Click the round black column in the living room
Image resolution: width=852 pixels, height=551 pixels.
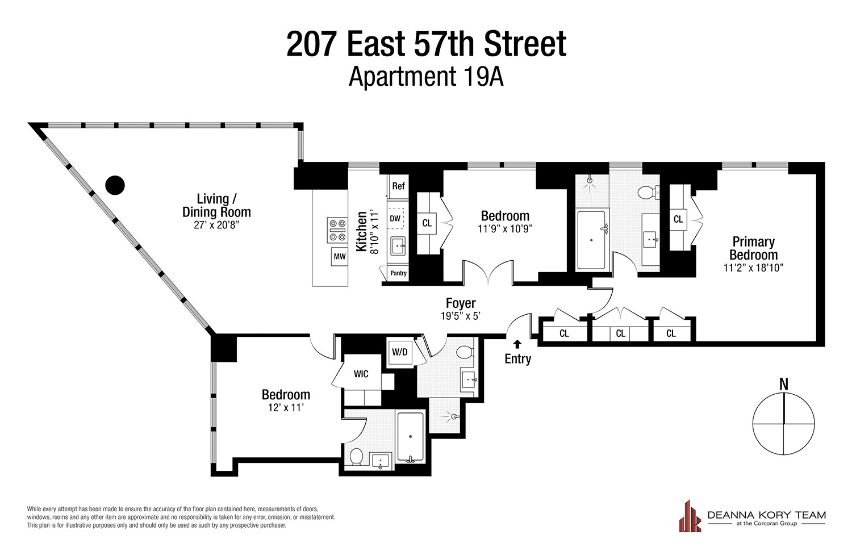(x=115, y=185)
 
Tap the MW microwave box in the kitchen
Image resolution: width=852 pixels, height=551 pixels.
(x=340, y=257)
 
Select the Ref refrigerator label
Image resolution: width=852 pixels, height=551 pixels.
(x=398, y=186)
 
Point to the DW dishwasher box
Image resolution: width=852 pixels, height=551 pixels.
(x=395, y=219)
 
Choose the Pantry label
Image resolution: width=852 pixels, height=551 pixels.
(x=398, y=273)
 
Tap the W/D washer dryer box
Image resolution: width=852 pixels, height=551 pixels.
(x=400, y=352)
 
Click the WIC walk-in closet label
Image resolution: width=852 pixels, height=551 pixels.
(x=361, y=374)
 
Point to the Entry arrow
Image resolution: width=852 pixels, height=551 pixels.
(x=517, y=344)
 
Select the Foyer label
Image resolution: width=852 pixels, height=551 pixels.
(x=461, y=303)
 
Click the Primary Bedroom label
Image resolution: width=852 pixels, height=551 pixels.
(x=754, y=248)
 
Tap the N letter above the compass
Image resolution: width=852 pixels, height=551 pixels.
(x=784, y=385)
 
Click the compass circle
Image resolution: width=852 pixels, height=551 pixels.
(x=783, y=424)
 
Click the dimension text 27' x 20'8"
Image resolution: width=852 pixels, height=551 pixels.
(x=216, y=225)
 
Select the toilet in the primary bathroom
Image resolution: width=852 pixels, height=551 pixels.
(x=648, y=193)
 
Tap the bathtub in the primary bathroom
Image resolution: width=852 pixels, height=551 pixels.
(x=591, y=240)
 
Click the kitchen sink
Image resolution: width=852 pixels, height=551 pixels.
(x=398, y=247)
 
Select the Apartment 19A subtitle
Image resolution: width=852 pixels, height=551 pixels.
(x=426, y=77)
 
